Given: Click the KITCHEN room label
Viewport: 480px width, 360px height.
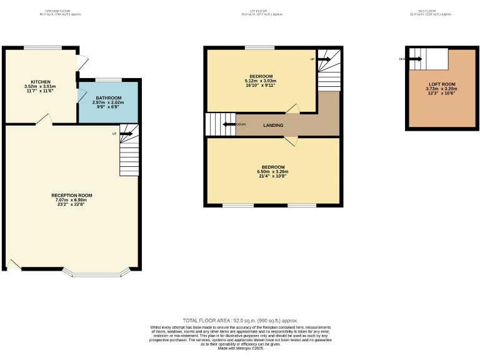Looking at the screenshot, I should coord(41,82).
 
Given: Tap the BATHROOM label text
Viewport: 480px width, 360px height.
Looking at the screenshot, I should coord(108,98).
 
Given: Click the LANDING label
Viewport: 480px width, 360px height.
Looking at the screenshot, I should coord(273,125).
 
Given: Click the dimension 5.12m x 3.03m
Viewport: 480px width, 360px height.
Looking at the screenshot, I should coord(261,81).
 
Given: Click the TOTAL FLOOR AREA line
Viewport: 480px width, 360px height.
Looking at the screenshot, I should coord(240,319).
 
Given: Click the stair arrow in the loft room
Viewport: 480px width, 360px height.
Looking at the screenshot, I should coord(416,59).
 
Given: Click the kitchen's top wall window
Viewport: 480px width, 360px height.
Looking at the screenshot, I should coord(42,47).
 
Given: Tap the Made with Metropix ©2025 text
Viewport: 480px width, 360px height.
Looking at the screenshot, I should coord(240,348).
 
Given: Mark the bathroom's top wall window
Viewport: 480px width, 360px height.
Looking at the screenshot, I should coord(108,79).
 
